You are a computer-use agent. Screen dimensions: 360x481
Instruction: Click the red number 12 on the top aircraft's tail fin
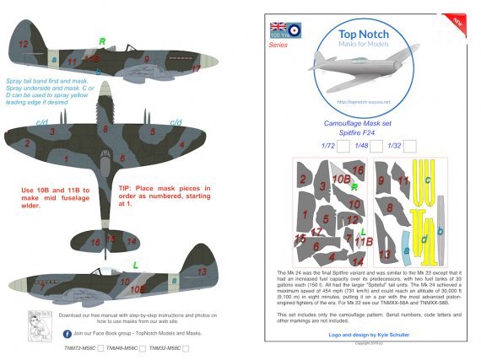pyautogui.click(x=24, y=43)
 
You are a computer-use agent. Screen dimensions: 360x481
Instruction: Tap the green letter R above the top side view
pyautogui.click(x=102, y=40)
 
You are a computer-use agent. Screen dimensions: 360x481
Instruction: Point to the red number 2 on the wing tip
pyautogui.click(x=27, y=143)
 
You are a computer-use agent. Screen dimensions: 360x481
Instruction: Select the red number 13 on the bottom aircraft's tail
pyautogui.click(x=202, y=271)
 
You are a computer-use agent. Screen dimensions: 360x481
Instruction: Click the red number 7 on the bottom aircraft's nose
pyautogui.click(x=41, y=287)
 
